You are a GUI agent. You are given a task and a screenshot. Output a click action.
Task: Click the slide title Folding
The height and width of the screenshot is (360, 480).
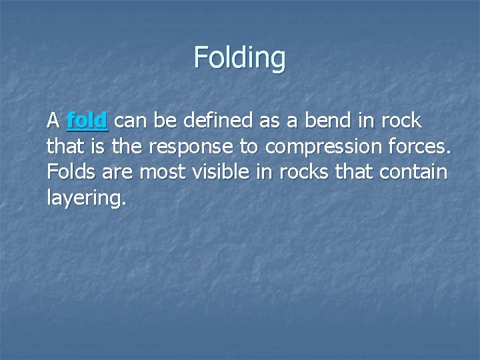(x=239, y=57)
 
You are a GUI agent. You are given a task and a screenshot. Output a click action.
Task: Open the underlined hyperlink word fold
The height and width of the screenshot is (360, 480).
(x=87, y=121)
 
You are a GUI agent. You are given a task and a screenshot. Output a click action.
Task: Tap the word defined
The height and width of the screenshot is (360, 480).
(x=214, y=121)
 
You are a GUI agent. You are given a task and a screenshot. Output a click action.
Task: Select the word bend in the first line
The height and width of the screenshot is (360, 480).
(x=326, y=121)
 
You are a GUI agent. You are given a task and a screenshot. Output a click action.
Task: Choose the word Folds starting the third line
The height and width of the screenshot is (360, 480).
(x=72, y=171)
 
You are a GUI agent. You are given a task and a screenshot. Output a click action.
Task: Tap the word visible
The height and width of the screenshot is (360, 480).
(x=223, y=171)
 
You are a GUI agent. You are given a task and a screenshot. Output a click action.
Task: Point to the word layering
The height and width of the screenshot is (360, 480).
(x=85, y=198)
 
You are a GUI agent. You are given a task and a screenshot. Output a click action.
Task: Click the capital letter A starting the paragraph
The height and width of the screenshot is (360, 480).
(x=53, y=121)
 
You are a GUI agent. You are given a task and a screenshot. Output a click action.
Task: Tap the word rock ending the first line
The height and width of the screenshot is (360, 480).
(x=401, y=121)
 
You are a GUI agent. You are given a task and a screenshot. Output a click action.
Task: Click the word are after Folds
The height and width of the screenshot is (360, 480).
(x=118, y=173)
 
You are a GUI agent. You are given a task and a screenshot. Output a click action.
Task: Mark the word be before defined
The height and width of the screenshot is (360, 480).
(x=164, y=121)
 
